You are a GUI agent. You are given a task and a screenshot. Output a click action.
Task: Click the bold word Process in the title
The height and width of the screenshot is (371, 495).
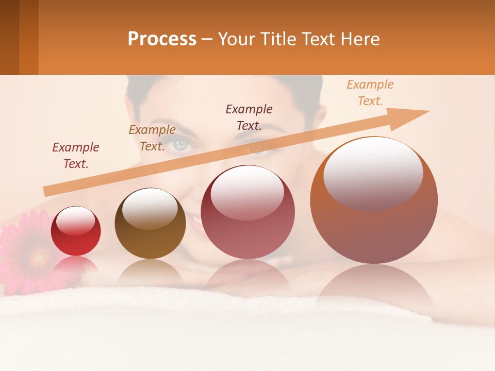162,39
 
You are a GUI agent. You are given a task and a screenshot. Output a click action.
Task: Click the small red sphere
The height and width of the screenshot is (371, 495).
76,231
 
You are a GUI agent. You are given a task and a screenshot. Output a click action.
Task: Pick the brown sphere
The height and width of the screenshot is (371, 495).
150,224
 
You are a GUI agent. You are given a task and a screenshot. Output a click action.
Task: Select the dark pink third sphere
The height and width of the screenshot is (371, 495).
247,212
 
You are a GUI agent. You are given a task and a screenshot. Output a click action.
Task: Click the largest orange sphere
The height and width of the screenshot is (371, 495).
374,201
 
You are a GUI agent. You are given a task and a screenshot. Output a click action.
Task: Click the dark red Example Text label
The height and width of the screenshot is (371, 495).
76,155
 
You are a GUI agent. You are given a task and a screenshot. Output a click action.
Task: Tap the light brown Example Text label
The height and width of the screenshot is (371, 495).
152,138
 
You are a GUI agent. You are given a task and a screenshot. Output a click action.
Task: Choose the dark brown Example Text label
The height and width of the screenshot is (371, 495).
249,117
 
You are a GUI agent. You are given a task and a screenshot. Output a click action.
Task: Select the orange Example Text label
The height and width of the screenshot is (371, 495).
370,92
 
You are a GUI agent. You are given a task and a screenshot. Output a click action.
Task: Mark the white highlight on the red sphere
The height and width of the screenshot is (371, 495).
75,221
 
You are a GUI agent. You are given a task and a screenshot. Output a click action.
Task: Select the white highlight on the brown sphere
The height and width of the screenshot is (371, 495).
150,207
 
